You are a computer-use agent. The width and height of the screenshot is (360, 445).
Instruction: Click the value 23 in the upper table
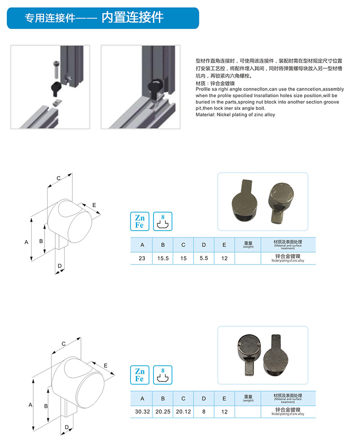(x=142, y=258)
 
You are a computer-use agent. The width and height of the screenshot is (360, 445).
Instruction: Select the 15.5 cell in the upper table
(x=163, y=258)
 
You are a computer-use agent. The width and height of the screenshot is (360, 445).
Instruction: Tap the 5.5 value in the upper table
(x=204, y=258)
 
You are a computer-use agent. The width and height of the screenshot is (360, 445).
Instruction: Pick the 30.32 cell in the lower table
(x=142, y=412)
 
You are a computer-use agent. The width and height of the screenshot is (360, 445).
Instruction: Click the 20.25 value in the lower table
(x=163, y=412)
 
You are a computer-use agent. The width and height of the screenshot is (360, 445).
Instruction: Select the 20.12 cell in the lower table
(x=184, y=412)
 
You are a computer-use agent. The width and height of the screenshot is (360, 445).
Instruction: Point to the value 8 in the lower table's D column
(x=204, y=412)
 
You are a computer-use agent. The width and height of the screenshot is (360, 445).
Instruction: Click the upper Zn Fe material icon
(x=140, y=221)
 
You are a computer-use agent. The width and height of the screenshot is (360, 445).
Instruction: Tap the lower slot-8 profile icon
(x=163, y=375)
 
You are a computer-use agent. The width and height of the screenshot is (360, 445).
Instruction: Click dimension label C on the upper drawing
(x=58, y=178)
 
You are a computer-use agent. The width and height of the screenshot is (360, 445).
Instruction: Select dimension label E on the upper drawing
(x=94, y=205)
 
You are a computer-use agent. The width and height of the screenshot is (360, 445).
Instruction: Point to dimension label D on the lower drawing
(x=67, y=427)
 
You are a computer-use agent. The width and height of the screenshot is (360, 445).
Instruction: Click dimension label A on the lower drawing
(x=30, y=405)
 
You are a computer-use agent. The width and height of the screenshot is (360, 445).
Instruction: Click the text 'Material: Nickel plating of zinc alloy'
(x=235, y=115)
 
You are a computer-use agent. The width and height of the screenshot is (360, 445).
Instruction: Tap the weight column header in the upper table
(x=248, y=245)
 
